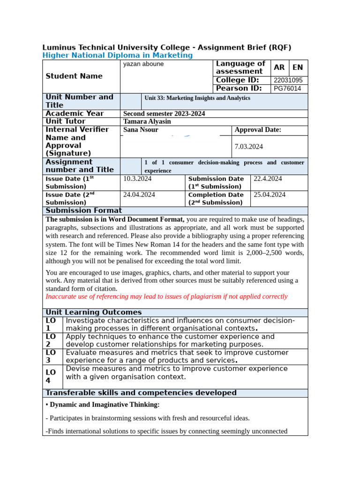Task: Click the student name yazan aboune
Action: [143, 64]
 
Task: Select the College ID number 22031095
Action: [288, 80]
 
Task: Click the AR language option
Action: [279, 67]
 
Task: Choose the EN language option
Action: [298, 67]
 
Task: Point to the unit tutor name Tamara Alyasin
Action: [147, 121]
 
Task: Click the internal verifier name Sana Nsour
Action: [141, 130]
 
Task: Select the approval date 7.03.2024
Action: [249, 147]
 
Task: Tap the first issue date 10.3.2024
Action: [137, 179]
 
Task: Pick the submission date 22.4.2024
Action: [268, 179]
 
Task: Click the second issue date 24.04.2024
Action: [139, 195]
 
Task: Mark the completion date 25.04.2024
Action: [270, 195]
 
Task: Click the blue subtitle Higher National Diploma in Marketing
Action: [117, 55]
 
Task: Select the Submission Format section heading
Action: [83, 210]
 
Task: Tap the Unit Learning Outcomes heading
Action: [93, 312]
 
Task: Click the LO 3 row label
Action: [51, 356]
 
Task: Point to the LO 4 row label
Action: [51, 376]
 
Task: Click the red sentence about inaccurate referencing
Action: [166, 296]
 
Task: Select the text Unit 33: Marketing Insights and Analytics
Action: [197, 98]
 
